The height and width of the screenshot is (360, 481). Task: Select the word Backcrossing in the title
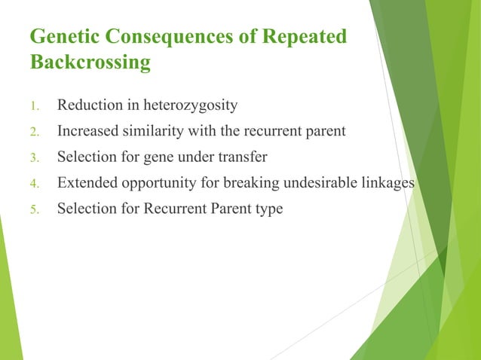[x=90, y=62]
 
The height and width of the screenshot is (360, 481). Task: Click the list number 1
[x=34, y=105]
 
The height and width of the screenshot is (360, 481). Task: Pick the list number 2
[x=34, y=132]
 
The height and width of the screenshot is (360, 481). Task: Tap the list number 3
[x=34, y=157]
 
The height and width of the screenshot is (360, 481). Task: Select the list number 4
[x=34, y=183]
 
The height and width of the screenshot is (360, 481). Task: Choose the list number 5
[x=34, y=209]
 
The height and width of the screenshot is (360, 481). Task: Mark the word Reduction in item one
[x=89, y=105]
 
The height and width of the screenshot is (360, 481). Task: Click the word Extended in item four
[x=86, y=182]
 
